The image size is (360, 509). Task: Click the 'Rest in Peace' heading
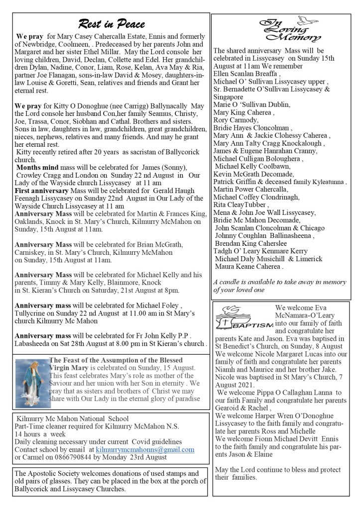(x=111, y=24)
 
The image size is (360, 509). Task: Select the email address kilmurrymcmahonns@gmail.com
(x=145, y=449)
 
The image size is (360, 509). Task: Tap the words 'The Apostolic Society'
(x=45, y=473)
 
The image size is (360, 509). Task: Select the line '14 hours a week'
(x=40, y=434)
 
